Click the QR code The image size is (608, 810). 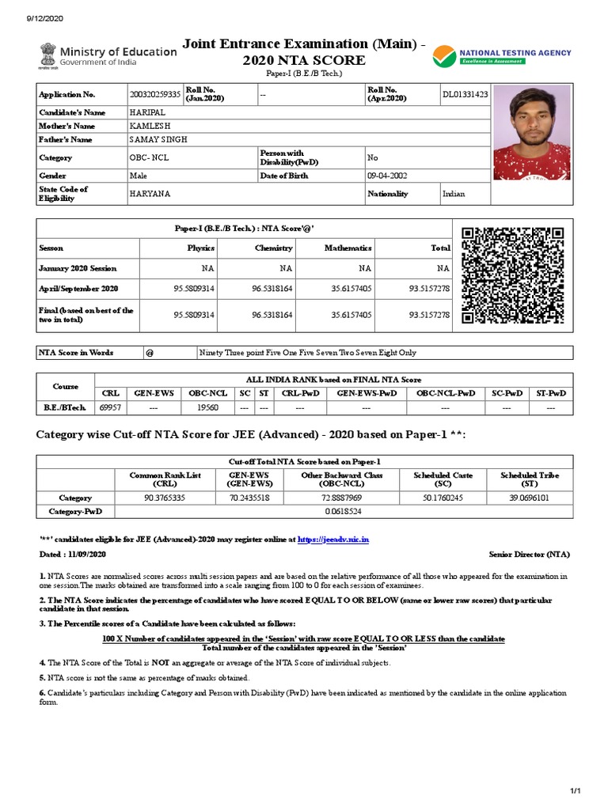pos(512,275)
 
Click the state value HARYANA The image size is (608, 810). pos(150,194)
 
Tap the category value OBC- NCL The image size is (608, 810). pos(150,157)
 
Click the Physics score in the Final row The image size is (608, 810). pos(194,315)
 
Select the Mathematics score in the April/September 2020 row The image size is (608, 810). pos(351,289)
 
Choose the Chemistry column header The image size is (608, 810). pos(273,248)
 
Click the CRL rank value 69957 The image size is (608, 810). pos(109,408)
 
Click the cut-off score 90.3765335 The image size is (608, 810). pos(165,498)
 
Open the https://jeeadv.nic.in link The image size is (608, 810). pos(333,539)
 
